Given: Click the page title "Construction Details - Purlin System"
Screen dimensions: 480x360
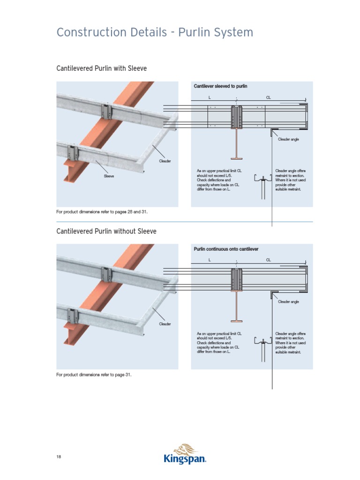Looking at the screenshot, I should (x=155, y=32).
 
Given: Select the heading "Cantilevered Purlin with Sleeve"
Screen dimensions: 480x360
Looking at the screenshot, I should (x=101, y=68).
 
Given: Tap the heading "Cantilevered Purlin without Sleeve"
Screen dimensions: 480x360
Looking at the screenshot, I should (x=106, y=231).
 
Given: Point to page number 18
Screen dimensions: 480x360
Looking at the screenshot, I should (x=59, y=457).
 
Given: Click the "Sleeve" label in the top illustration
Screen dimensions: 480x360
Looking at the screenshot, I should (x=109, y=176).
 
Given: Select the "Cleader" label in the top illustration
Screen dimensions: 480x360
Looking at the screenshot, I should (x=165, y=161).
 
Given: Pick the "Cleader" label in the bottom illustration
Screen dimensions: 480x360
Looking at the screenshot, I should (x=165, y=324).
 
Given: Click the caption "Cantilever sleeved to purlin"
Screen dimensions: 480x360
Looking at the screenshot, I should (x=220, y=86).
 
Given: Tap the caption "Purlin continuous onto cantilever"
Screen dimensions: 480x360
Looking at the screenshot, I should (x=226, y=249).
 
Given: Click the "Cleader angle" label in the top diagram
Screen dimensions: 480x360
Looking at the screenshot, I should (x=288, y=139).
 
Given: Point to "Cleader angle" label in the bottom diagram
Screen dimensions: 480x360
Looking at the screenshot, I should (x=288, y=302).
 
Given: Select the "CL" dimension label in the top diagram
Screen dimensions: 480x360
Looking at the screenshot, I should (x=269, y=97).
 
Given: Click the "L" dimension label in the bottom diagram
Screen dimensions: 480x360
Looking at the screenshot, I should (x=210, y=260).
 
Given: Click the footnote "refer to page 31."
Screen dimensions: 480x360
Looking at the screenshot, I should (x=94, y=375).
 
